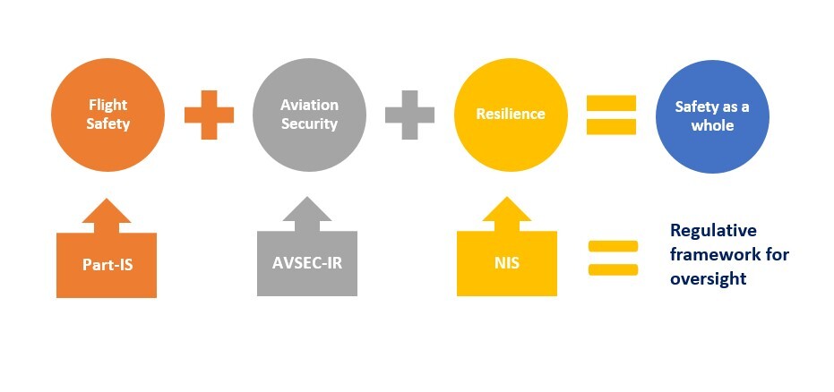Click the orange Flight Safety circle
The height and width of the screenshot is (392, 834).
click(108, 115)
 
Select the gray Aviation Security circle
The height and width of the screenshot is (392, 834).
click(309, 115)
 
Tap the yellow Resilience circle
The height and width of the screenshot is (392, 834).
click(511, 115)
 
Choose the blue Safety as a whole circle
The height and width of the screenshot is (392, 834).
click(712, 115)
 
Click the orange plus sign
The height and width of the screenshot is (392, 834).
click(209, 115)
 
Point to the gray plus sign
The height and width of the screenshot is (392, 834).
click(409, 115)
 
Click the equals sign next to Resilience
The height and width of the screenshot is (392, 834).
click(611, 115)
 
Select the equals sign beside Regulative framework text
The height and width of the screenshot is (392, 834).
click(613, 258)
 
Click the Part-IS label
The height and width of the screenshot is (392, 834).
click(107, 265)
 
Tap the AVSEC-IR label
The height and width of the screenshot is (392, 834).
click(307, 265)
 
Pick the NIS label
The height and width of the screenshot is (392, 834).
click(507, 265)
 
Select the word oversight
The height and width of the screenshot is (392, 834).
click(708, 278)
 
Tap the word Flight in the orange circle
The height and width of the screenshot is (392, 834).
click(108, 106)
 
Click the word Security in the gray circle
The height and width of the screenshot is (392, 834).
click(309, 124)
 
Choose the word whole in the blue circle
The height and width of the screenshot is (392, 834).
click(712, 125)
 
